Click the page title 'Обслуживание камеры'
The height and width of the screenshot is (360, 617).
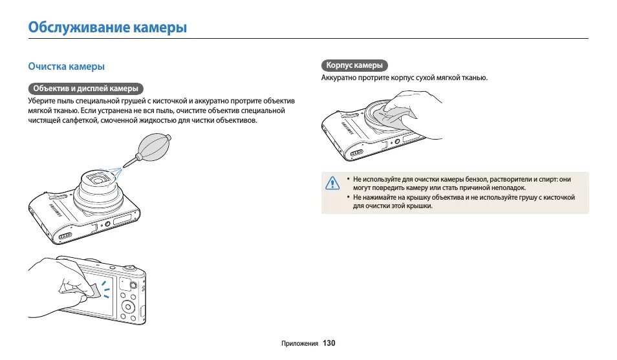click(107, 28)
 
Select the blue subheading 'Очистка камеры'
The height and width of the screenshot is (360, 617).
click(66, 67)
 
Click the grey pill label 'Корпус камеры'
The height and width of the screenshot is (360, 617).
click(354, 65)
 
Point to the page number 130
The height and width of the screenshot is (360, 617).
click(329, 343)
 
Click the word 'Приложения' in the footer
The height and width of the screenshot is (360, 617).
click(300, 343)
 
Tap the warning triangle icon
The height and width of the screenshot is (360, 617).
click(332, 183)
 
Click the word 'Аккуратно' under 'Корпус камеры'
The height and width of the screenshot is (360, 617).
click(340, 78)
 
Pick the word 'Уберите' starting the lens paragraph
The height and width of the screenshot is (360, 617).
click(41, 101)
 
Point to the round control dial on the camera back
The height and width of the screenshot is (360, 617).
click(128, 305)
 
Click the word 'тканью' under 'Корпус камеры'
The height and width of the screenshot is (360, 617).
click(475, 78)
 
